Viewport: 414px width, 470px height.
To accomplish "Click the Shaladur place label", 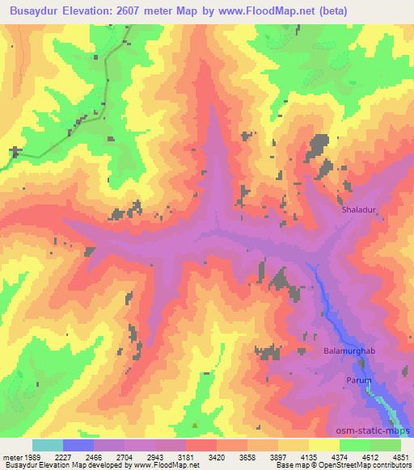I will tap(360, 208).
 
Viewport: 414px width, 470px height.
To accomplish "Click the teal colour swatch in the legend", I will tap(48, 445).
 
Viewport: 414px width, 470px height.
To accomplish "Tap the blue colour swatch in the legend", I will tap(78, 445).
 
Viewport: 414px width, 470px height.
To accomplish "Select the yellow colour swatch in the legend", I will tap(323, 445).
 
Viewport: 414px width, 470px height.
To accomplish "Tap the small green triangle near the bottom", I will tap(195, 425).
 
